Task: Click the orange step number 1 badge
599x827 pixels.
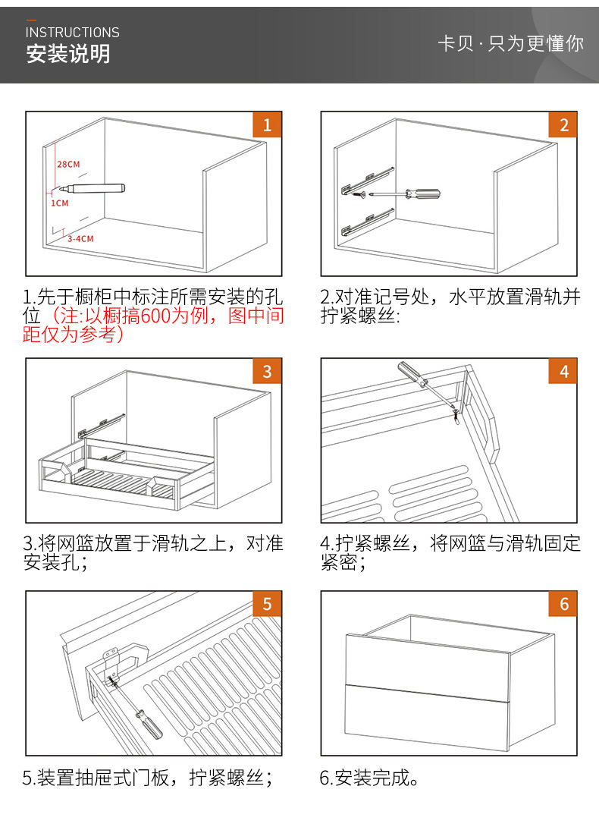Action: (267, 125)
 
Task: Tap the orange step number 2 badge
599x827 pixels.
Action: (563, 125)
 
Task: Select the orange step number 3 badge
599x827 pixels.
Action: (267, 372)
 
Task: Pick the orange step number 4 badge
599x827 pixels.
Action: (563, 372)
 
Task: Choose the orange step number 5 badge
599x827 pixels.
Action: (267, 604)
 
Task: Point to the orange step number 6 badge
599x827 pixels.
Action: (563, 604)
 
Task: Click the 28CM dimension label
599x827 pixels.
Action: (68, 164)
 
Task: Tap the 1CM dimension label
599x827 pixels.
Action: (60, 203)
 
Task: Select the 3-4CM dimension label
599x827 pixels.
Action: (80, 238)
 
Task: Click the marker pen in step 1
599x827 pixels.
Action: (96, 187)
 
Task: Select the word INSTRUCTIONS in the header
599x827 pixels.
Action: (73, 33)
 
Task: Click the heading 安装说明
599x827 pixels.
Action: (68, 55)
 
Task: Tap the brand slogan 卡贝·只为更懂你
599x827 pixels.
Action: (510, 43)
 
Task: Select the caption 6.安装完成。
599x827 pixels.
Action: (369, 778)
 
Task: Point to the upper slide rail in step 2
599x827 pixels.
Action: (368, 178)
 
